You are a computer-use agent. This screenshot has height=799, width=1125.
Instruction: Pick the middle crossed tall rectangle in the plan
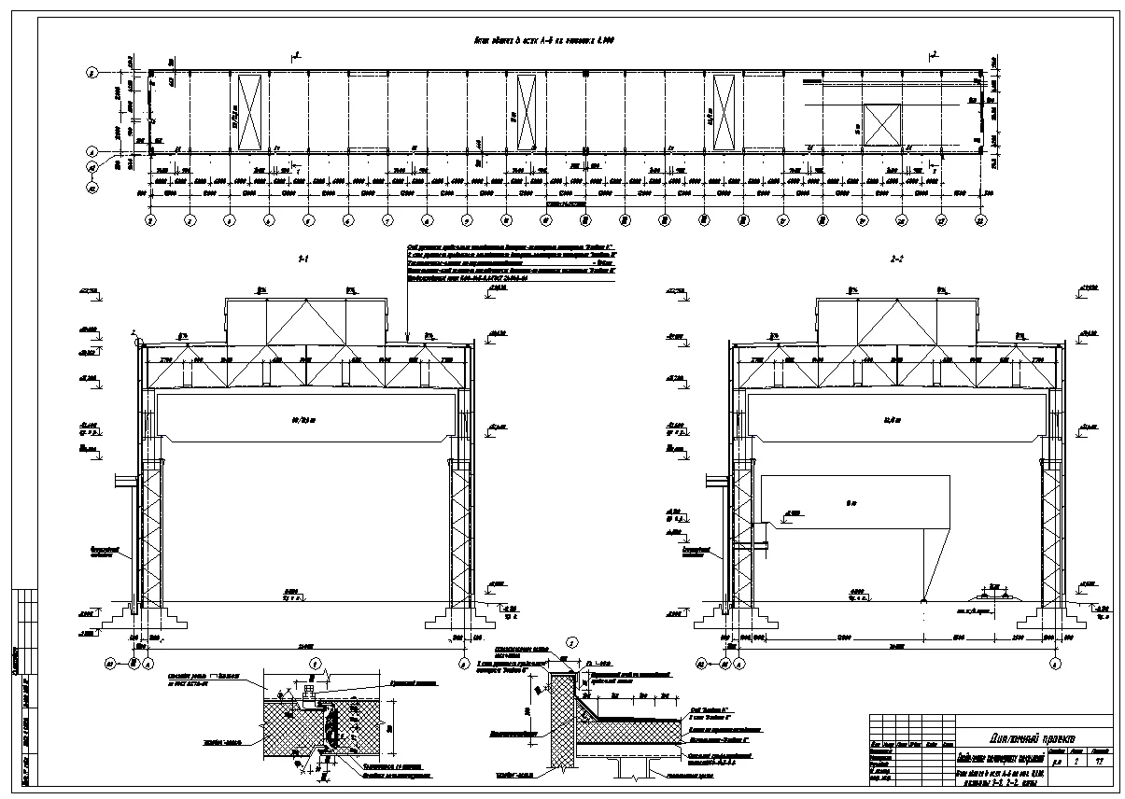click(x=526, y=112)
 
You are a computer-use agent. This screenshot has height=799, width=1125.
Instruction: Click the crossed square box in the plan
click(x=880, y=125)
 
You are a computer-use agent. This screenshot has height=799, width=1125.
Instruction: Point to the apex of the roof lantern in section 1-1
click(x=304, y=301)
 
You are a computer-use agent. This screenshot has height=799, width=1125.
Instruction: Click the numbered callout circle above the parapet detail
click(x=570, y=642)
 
